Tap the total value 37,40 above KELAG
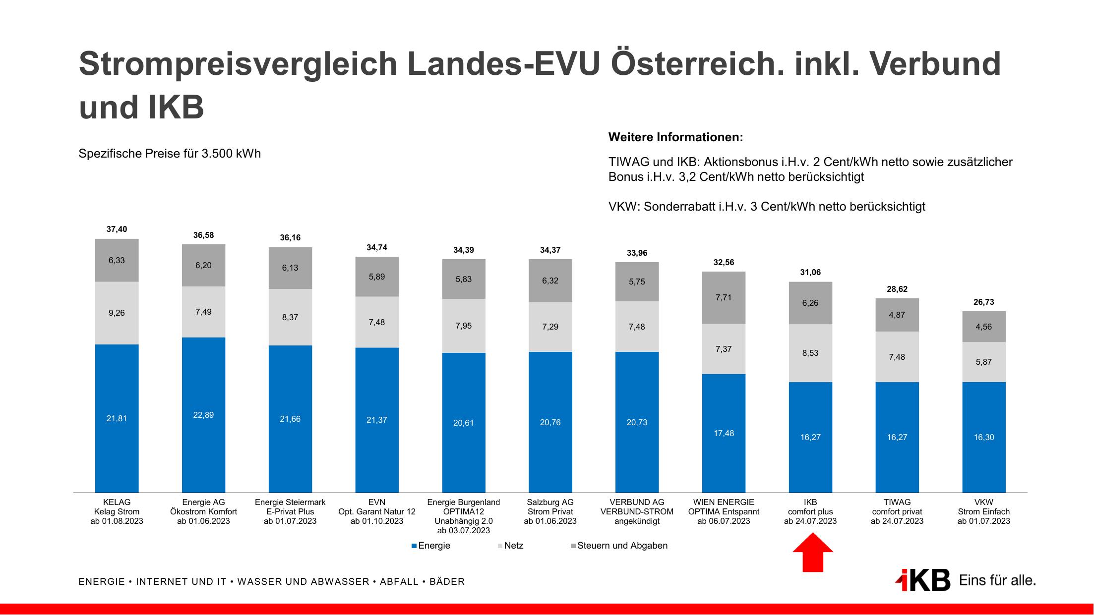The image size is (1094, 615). click(117, 229)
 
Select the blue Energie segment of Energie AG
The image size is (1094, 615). click(203, 415)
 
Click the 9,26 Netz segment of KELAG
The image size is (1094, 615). click(117, 313)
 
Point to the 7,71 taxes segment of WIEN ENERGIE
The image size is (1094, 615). click(723, 297)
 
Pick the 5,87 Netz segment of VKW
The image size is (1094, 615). click(983, 362)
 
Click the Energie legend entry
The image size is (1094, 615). click(431, 546)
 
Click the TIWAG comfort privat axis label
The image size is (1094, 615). click(897, 511)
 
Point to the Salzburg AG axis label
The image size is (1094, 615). click(550, 511)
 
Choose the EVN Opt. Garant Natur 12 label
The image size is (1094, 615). click(376, 511)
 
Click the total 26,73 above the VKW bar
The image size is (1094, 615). click(983, 302)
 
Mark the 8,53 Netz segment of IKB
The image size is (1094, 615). click(810, 353)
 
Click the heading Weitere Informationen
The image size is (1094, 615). click(675, 137)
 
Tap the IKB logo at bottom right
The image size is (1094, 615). click(923, 580)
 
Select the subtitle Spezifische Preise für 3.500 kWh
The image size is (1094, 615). click(170, 154)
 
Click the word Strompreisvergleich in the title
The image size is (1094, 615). click(238, 64)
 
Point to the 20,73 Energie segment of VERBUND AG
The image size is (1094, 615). click(637, 422)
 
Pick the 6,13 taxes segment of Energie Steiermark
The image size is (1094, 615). click(290, 268)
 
